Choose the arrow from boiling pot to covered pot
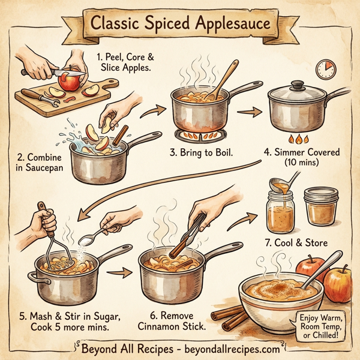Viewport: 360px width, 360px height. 247,111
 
